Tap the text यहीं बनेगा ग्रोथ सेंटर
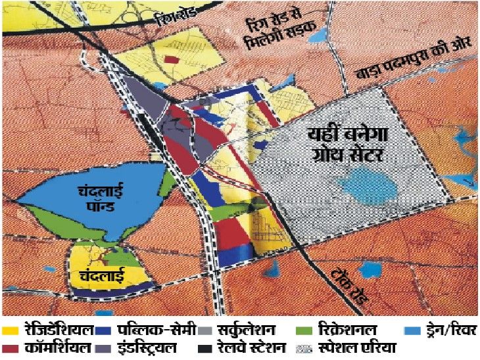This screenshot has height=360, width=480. click(348, 146)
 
